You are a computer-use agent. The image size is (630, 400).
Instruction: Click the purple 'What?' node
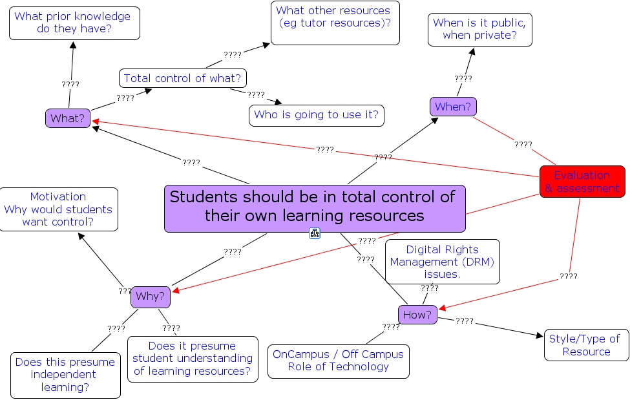coord(68,118)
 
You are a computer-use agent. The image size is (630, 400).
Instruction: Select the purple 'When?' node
coord(453,107)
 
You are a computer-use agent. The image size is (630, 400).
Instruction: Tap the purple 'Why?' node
coord(151,297)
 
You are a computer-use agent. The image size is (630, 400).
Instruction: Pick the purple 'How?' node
coord(417,315)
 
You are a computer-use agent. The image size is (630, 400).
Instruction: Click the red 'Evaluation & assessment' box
coord(582,182)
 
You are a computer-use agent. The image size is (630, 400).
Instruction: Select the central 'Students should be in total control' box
coord(315,208)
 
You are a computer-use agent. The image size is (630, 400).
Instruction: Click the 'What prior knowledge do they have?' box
coord(74,23)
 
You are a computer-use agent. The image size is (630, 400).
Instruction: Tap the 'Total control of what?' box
coord(182,78)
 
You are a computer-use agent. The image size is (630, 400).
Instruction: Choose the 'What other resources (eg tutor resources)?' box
coord(335,23)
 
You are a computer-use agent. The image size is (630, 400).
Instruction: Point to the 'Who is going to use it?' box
coord(317,115)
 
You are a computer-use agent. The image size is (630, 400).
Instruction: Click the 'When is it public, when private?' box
coord(479,29)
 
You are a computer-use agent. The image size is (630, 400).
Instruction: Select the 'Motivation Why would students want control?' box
coord(59,209)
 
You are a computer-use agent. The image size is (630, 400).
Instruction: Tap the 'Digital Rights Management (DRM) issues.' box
coord(443,261)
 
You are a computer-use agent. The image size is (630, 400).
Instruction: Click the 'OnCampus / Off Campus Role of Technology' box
coord(338,361)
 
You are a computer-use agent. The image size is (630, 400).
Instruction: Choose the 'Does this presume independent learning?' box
coord(65,375)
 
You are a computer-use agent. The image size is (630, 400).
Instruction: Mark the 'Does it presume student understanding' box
coord(193,358)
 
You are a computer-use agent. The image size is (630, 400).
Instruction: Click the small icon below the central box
coord(315,233)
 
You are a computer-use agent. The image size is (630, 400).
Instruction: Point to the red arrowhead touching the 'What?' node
coord(95,120)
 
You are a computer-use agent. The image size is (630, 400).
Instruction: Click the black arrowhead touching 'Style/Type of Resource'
coord(540,335)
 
